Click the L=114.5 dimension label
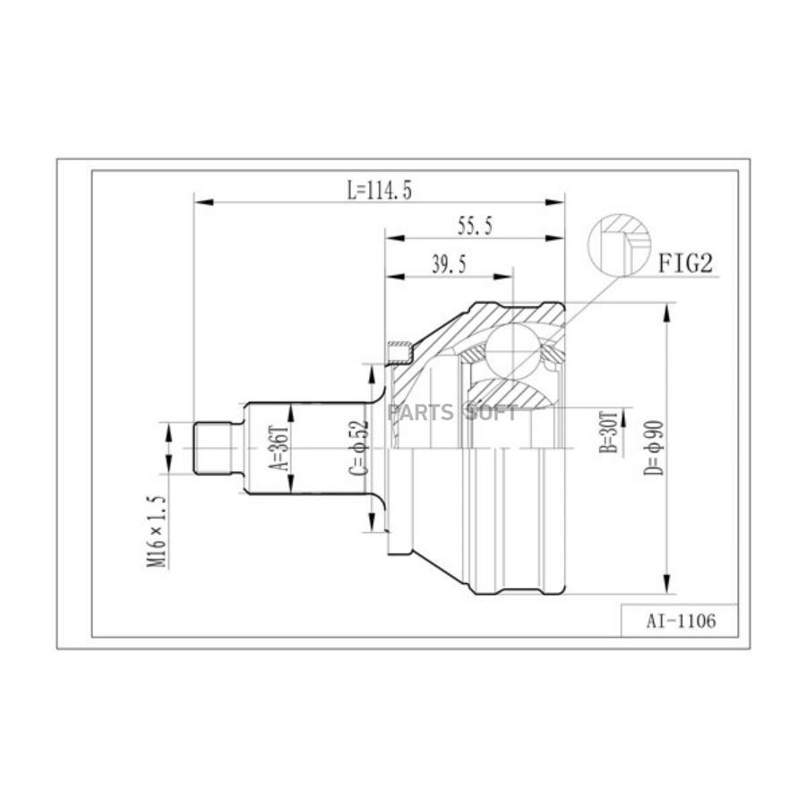[x=380, y=191]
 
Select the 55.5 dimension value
[x=475, y=226]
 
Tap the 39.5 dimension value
[x=449, y=265]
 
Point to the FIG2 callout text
[x=686, y=263]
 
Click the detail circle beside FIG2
[x=619, y=245]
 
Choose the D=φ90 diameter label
[x=654, y=448]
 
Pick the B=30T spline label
[x=608, y=432]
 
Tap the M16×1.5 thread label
[x=158, y=531]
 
